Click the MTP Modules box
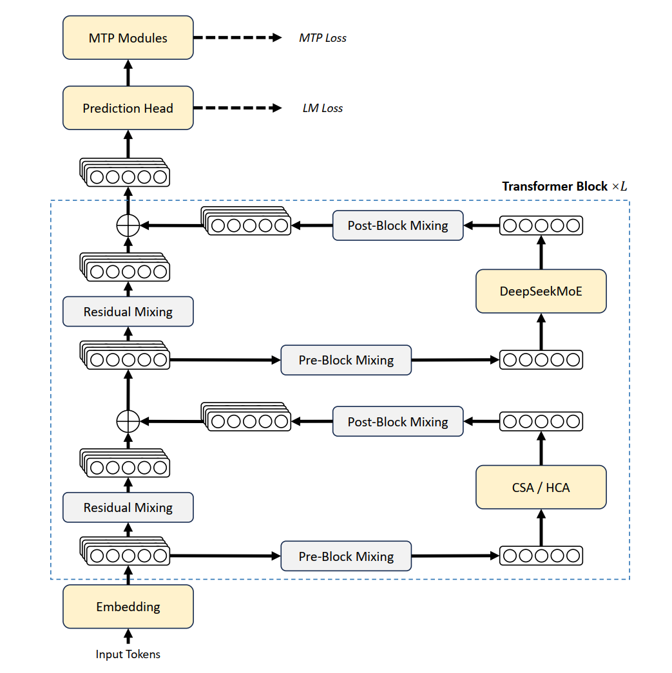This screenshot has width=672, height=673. point(128,38)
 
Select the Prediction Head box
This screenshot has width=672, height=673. point(128,108)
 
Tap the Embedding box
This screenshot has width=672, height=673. point(128,607)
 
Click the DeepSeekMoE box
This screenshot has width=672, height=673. point(541,291)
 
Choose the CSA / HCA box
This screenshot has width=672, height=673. point(541,487)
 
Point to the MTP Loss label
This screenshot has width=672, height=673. point(323,38)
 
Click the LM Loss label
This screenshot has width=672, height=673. point(323,108)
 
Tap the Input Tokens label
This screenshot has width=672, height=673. point(128,654)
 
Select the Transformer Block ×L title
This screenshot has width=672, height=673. point(564,186)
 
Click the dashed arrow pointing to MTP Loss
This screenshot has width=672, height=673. point(238,38)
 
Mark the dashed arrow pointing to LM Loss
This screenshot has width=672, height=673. point(238,108)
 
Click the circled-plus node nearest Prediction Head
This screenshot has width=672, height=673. point(128,225)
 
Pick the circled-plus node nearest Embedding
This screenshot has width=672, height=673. point(128,421)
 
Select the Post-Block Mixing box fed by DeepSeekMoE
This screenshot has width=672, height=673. point(398,225)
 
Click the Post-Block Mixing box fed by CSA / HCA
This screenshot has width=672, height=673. point(398,421)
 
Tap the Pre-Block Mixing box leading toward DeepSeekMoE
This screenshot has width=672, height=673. point(346,359)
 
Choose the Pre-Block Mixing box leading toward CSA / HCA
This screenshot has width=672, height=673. point(346,556)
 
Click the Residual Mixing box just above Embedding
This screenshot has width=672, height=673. point(128,507)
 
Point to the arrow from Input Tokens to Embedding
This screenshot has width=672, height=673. point(128,636)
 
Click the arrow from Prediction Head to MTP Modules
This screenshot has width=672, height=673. point(128,73)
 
